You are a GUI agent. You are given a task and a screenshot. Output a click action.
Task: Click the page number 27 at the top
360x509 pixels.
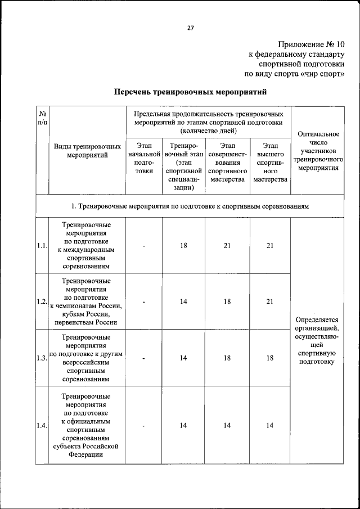[190, 29]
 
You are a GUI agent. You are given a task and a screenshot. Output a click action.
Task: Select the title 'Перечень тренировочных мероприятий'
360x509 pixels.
[190, 91]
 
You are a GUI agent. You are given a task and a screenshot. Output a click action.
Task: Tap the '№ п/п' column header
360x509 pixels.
[42, 116]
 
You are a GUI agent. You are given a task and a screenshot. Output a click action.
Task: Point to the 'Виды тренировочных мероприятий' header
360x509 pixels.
[87, 150]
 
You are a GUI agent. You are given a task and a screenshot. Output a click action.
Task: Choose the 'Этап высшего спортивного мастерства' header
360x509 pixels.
[270, 163]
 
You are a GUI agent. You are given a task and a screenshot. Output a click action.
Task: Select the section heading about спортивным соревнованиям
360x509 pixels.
[190, 206]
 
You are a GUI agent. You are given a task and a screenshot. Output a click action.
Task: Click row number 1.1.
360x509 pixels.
[42, 245]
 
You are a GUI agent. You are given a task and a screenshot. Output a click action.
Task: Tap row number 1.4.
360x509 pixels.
[42, 425]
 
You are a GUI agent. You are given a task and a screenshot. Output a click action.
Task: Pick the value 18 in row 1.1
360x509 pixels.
[183, 245]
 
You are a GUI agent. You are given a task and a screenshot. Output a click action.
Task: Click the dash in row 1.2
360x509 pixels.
[144, 301]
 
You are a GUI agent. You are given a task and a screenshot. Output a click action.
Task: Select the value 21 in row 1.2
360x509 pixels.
[270, 301]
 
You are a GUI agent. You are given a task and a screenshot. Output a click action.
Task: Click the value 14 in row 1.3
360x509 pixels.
[183, 358]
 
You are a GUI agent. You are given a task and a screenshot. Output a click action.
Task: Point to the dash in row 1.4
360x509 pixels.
[144, 425]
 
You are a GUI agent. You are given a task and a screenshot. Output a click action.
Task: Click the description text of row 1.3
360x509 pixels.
[87, 358]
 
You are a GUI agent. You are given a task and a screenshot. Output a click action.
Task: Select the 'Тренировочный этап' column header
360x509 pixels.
[183, 166]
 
